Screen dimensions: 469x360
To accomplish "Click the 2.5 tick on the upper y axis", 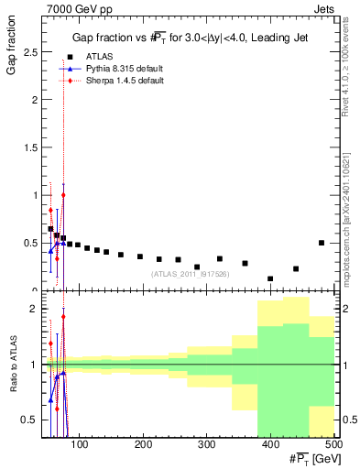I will coord(33,52).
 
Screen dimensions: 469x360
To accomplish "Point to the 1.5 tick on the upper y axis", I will coord(33,147).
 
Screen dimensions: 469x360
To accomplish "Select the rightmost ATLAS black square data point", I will coord(322,243).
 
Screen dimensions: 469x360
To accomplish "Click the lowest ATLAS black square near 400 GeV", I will coord(270,278).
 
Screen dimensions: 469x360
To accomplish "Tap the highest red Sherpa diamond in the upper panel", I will coord(63,195).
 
